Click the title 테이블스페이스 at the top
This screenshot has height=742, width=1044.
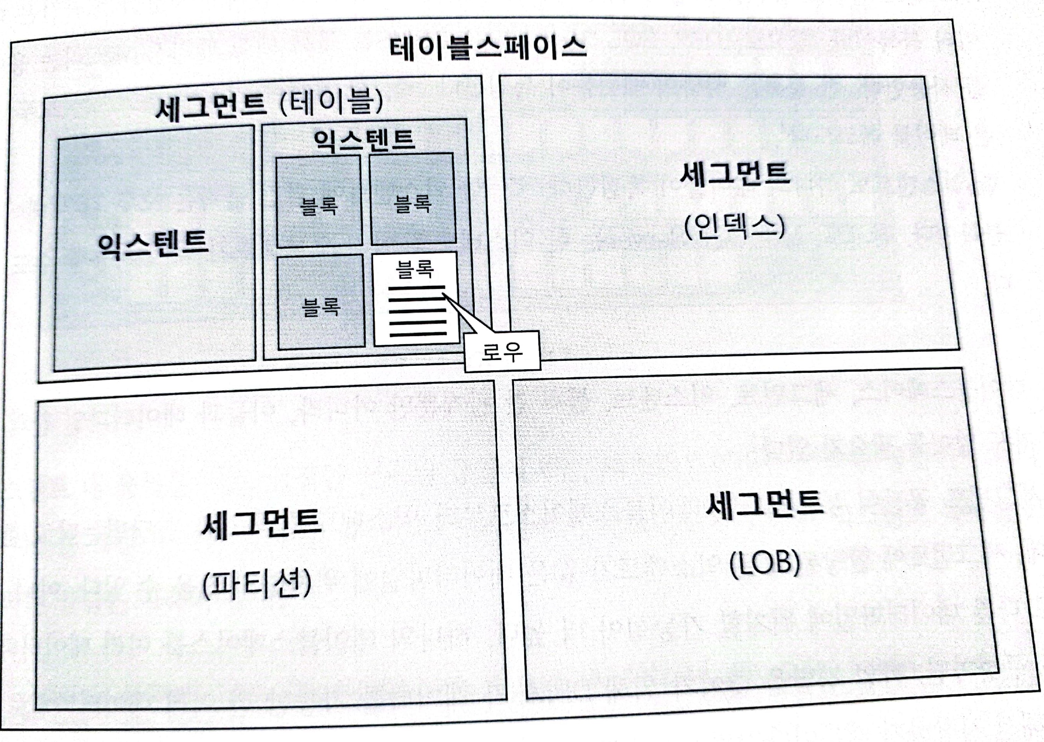(487, 48)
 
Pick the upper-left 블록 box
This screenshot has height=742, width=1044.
(319, 201)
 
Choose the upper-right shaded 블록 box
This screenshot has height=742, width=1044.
(412, 199)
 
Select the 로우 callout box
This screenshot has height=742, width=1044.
(502, 351)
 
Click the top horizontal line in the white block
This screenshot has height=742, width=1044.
(417, 288)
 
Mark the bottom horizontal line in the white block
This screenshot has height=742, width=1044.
(418, 334)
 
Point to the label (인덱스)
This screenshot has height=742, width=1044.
(734, 227)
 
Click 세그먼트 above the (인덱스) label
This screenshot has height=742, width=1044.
(735, 174)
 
